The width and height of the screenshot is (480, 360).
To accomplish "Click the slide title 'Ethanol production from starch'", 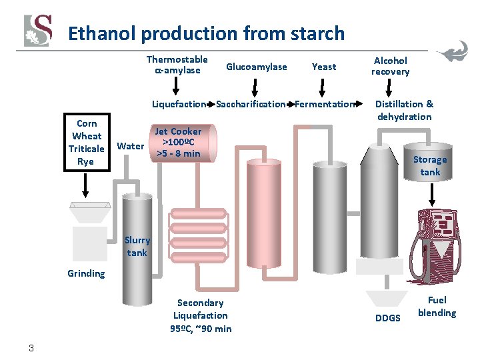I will click(206, 33).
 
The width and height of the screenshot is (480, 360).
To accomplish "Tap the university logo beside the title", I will click(37, 31).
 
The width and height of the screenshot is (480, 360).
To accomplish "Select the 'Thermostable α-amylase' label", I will click(177, 65).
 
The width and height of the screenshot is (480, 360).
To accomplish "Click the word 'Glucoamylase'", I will click(257, 67).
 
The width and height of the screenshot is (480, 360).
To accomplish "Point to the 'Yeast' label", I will click(324, 67).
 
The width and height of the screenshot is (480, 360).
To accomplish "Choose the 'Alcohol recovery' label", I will click(391, 65).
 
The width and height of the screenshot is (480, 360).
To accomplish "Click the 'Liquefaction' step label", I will click(179, 104).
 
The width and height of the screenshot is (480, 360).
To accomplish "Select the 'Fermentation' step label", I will click(325, 104).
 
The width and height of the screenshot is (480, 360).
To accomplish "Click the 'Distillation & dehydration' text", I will click(404, 110).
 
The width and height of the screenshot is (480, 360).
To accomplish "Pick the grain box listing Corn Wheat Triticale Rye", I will click(87, 143).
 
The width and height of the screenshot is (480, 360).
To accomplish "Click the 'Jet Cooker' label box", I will click(178, 143).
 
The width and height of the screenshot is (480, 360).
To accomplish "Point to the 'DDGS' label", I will click(388, 318).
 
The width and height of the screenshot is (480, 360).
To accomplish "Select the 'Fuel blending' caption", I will click(437, 307).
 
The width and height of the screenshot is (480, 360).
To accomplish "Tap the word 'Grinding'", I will click(86, 273).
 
